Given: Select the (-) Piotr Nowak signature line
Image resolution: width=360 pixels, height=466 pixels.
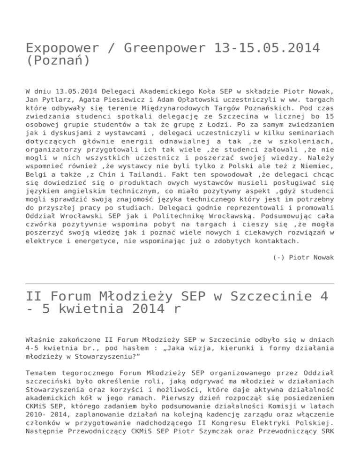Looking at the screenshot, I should click(x=303, y=256).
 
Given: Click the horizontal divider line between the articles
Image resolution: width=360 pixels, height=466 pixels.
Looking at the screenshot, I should click(x=180, y=284).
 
